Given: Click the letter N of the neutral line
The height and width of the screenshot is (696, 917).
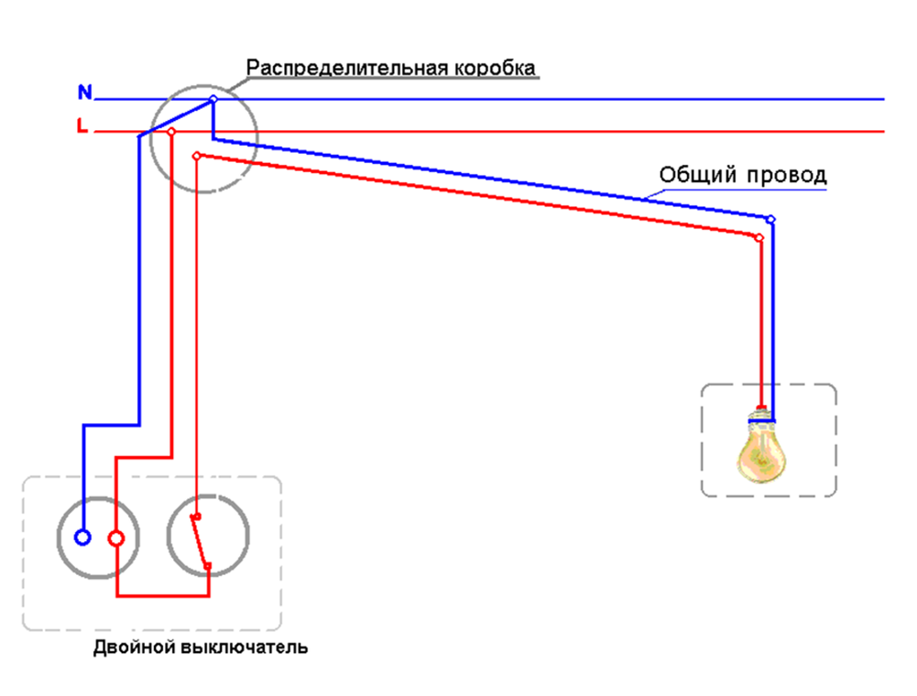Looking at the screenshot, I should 84,92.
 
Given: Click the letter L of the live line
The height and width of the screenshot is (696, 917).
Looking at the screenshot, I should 82,128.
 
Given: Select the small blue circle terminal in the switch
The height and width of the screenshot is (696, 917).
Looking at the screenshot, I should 82,538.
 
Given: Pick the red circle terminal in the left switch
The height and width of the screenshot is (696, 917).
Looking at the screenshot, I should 116,538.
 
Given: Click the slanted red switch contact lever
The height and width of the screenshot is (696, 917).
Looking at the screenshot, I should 200,541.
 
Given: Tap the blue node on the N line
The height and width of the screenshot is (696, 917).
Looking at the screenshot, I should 213,99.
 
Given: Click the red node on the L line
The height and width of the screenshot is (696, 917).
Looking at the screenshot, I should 171,132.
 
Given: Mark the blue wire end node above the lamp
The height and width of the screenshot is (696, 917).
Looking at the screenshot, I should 770,219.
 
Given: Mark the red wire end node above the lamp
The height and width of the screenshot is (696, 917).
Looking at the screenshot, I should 759,237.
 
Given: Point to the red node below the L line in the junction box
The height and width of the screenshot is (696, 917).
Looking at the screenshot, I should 196,157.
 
